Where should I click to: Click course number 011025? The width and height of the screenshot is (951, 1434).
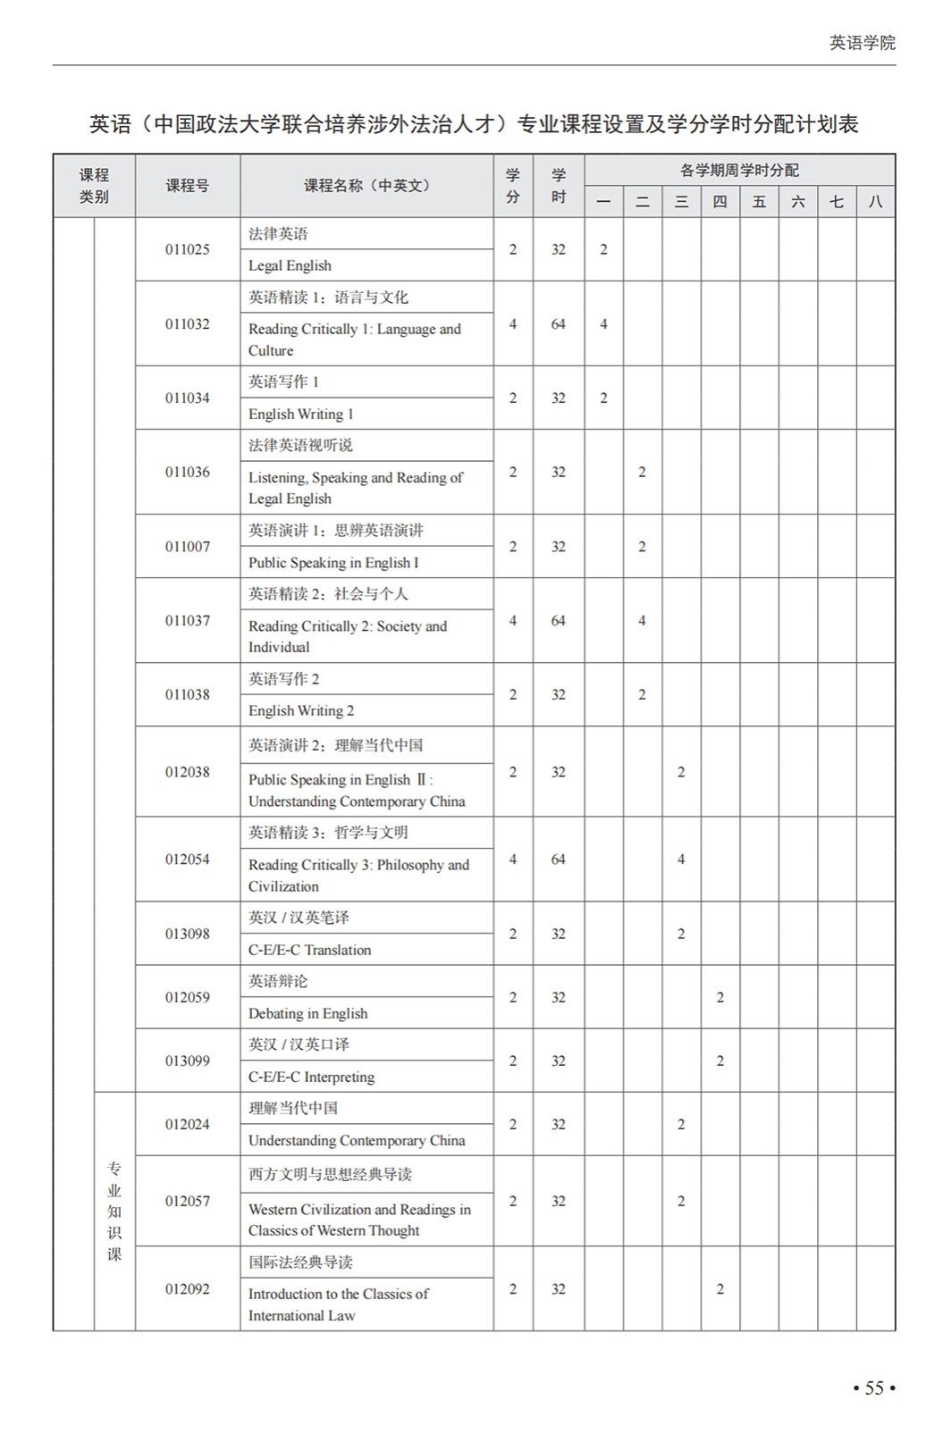point(187,249)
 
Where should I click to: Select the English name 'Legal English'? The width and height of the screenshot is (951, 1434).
point(290,265)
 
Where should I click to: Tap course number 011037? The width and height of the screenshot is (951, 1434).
point(187,620)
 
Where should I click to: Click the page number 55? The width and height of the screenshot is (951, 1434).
point(873,1388)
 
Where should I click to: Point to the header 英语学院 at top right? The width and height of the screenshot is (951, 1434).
point(862,43)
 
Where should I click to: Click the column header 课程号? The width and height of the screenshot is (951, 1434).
point(187,186)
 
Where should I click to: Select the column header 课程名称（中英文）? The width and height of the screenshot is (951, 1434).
point(366,186)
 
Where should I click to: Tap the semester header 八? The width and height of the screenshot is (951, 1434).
point(875,202)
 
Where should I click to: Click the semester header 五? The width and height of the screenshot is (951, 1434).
point(759,202)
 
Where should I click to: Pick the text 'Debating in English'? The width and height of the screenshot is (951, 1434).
point(308,1013)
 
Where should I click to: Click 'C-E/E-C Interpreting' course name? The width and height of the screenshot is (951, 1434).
point(311,1077)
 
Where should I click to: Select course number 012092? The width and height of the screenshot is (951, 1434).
point(187,1288)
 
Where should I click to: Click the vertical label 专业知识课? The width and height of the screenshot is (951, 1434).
point(114,1211)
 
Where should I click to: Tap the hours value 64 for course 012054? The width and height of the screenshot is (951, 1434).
point(558,859)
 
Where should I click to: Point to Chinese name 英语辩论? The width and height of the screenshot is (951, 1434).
point(278,981)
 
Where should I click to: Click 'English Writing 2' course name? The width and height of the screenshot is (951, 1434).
point(301,710)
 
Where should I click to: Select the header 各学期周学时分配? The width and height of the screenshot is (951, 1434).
point(739,170)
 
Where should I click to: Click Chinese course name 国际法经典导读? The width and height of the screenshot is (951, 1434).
point(300,1262)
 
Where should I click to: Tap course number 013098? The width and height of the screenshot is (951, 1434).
point(187,934)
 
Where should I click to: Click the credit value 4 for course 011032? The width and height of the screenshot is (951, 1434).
point(512,323)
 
